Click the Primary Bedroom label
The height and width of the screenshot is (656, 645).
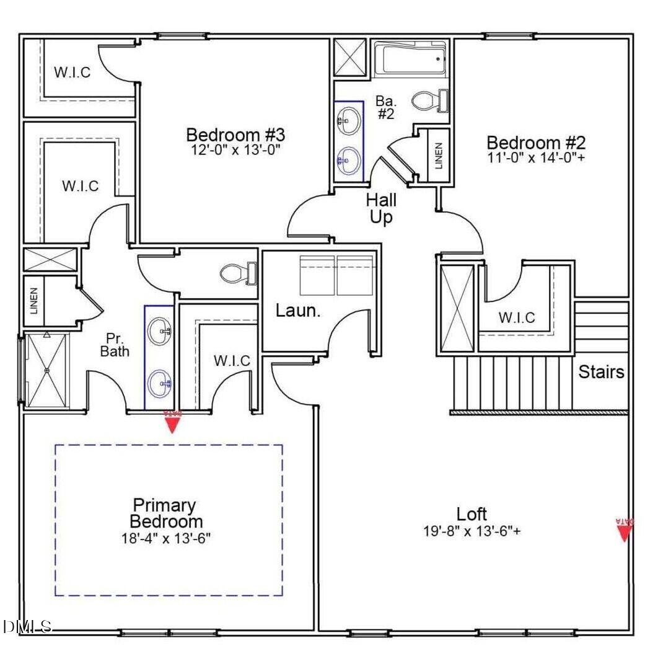coord(165,513)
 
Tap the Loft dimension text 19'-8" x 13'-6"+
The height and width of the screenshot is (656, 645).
coord(472,531)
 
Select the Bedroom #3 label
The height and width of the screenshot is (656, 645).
coord(235,135)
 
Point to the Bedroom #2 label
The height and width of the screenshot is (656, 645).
coord(535,143)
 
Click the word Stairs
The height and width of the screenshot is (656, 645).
coord(601,372)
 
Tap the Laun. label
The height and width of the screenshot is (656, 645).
coord(298,311)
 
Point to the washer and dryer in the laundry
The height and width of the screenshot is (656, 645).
coord(336,275)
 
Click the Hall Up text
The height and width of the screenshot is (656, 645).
coord(381,209)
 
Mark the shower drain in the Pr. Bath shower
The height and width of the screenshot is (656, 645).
coord(46,370)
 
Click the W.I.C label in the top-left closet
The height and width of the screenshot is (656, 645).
coord(72,73)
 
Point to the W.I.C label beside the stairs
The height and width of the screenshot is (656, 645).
coord(517,318)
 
